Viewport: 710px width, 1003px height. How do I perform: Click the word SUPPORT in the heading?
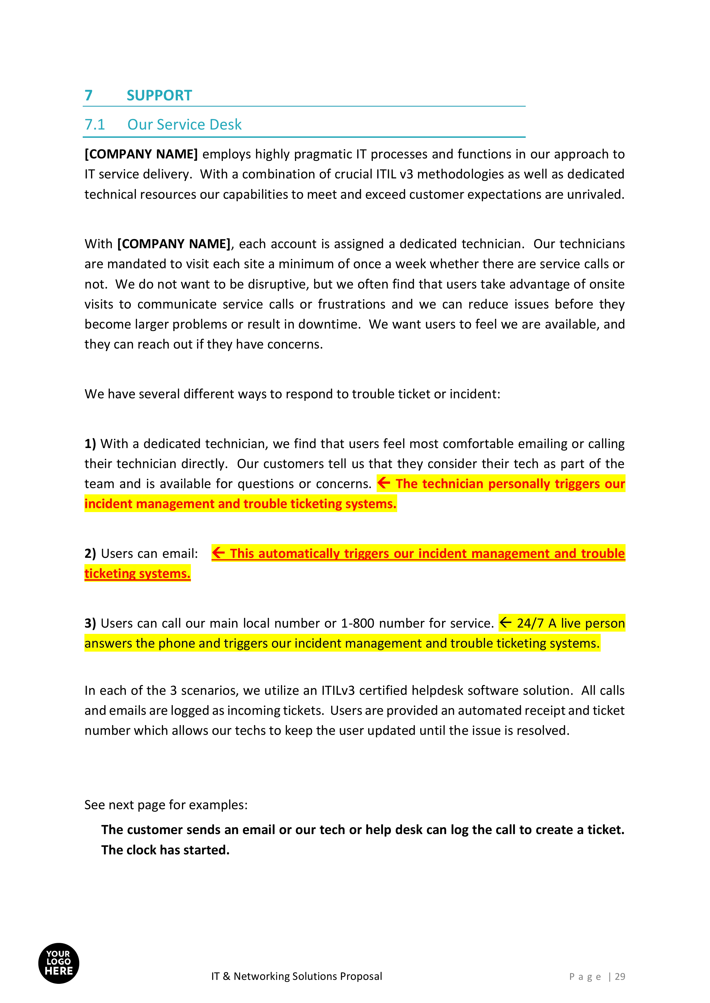tap(159, 95)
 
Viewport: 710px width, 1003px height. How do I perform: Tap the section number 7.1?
tap(95, 125)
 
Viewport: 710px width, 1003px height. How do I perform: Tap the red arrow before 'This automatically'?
tap(218, 553)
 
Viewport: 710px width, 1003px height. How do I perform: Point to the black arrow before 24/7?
tap(505, 622)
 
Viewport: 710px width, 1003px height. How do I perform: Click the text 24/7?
tap(530, 623)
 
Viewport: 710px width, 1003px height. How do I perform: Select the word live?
tap(571, 623)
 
